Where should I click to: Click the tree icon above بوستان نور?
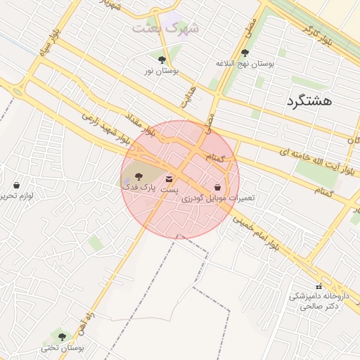(x=162, y=60)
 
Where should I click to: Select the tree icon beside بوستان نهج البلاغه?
(x=245, y=53)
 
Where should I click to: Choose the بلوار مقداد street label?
(x=141, y=121)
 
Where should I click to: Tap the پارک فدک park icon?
(x=136, y=176)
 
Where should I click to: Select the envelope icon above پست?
(x=169, y=179)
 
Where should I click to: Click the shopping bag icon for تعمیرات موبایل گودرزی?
(x=218, y=188)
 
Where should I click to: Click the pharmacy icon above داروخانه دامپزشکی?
(x=319, y=286)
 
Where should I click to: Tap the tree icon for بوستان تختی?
(x=62, y=337)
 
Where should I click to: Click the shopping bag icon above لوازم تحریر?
(x=17, y=185)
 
